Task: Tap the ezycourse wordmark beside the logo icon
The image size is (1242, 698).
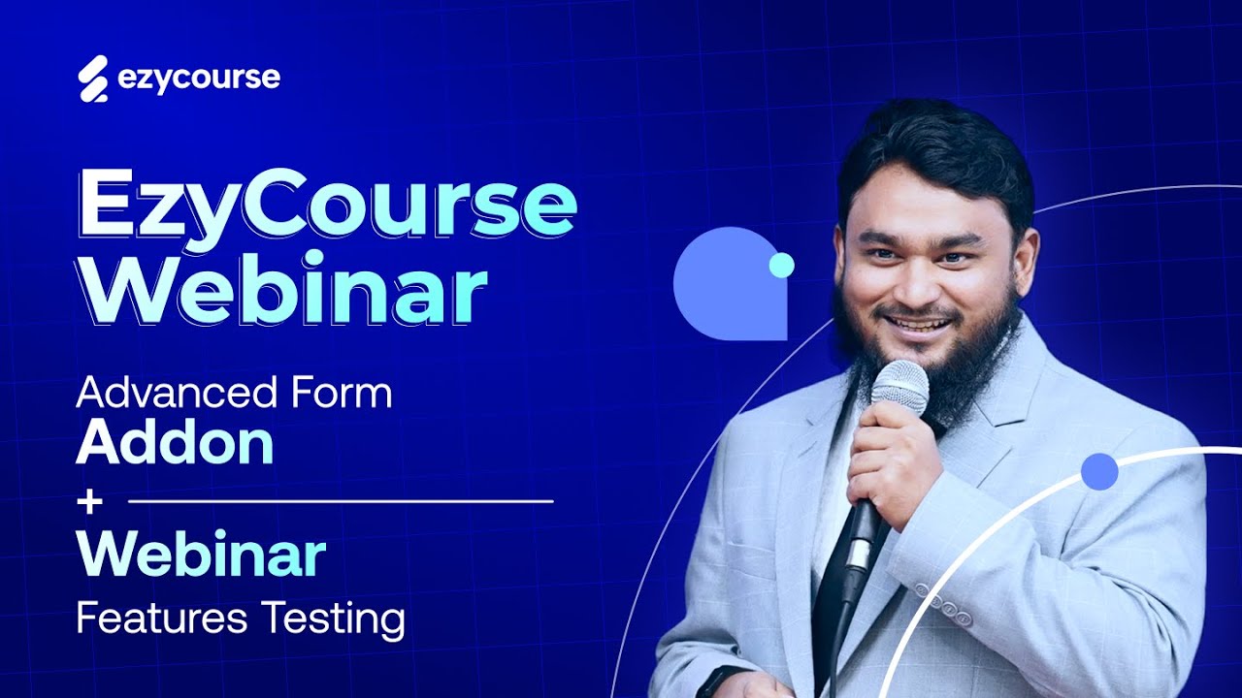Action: point(199,79)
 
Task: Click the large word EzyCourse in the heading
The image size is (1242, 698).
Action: point(327,206)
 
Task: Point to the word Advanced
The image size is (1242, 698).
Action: point(159,394)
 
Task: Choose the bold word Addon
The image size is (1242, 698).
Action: point(175,443)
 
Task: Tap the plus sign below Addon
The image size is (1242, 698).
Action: point(90,502)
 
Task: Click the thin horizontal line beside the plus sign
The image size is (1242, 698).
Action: point(340,502)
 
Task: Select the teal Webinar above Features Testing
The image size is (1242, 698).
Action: point(201,555)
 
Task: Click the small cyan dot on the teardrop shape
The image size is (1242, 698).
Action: point(781,265)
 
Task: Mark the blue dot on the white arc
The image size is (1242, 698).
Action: point(1099,471)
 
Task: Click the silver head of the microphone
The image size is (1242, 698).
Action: point(899,382)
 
